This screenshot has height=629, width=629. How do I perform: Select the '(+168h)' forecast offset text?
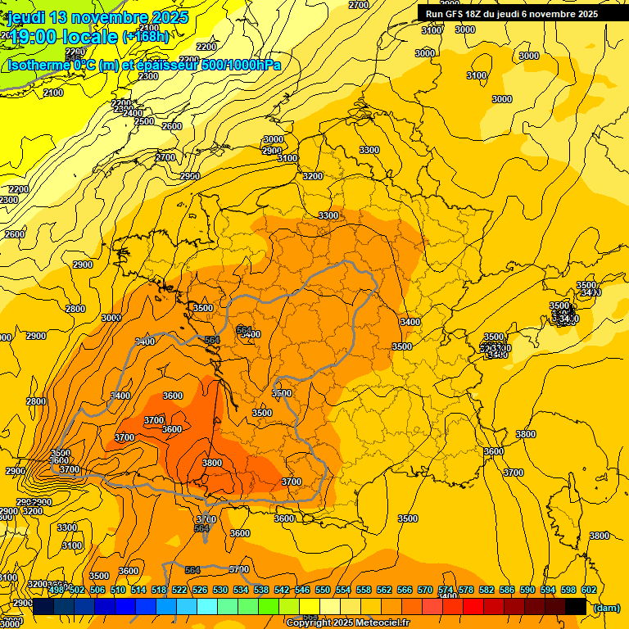point(146,37)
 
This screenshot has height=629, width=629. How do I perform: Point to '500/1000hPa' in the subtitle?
point(241,65)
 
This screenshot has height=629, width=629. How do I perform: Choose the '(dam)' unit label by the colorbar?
point(605,607)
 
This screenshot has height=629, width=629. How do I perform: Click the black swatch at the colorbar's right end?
point(576,605)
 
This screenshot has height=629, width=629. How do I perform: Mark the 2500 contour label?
point(144,121)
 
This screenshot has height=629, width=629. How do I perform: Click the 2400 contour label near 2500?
point(133,113)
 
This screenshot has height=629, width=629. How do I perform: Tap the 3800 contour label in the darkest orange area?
point(211,463)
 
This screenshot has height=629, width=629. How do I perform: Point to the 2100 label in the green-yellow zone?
point(53,93)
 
